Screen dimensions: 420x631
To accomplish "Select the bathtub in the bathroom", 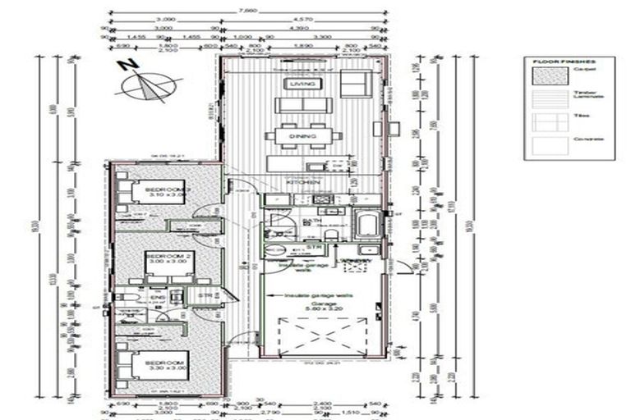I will click(x=366, y=224).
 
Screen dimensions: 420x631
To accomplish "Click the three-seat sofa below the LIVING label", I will click(x=302, y=106).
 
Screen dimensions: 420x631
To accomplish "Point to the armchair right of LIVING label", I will click(x=354, y=84).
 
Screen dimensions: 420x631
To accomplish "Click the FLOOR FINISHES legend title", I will click(x=563, y=62).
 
